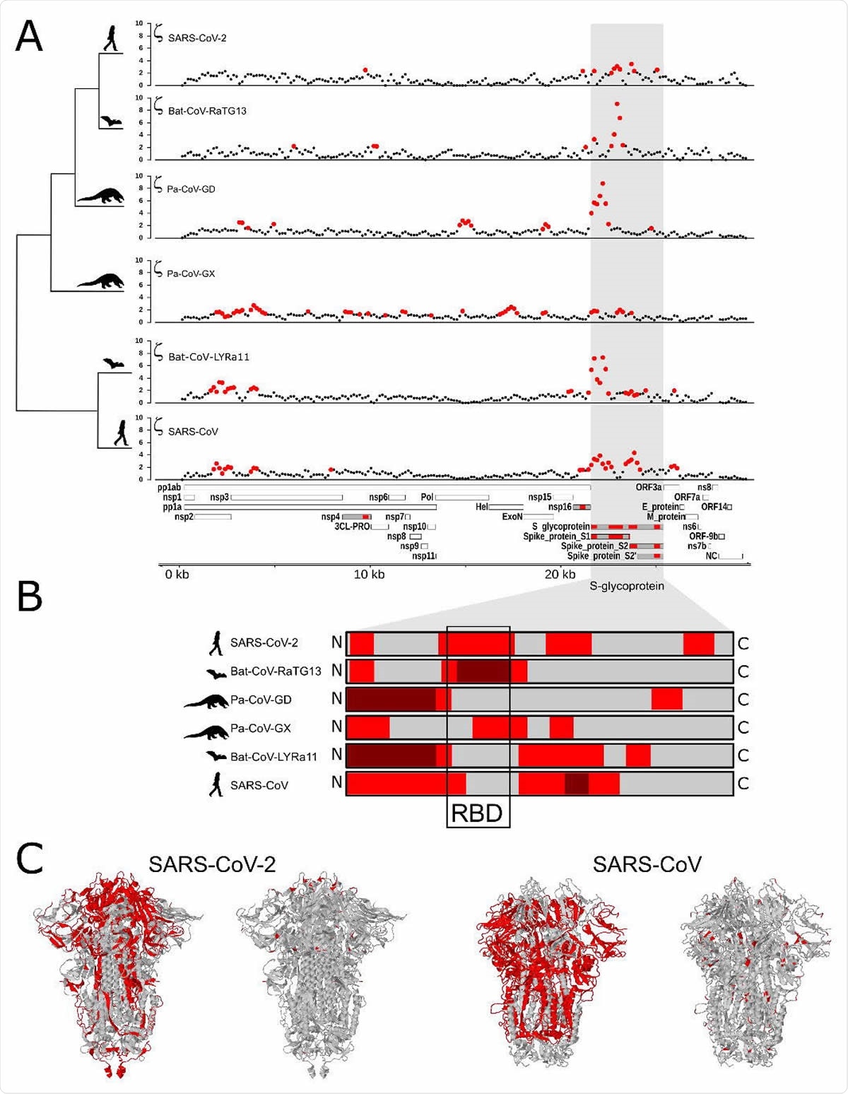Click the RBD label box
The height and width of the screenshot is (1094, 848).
(478, 813)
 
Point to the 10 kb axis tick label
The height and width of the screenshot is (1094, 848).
(369, 575)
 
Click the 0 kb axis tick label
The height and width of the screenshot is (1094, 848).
(177, 575)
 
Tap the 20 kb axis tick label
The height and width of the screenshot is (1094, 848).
(560, 575)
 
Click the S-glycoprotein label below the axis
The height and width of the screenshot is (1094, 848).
(627, 586)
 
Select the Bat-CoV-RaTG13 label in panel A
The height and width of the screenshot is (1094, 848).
(207, 111)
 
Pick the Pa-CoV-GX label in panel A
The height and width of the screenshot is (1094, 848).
(191, 273)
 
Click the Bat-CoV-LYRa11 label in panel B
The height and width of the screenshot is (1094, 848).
(273, 756)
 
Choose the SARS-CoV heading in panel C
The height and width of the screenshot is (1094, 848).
(647, 864)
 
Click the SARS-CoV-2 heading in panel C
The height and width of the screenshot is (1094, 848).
(212, 864)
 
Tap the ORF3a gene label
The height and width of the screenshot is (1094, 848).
(648, 488)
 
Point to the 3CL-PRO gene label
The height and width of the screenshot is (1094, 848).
(352, 527)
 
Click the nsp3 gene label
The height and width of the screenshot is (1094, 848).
(219, 498)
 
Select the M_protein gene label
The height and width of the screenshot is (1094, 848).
(666, 517)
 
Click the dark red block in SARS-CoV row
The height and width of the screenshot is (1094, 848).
(577, 784)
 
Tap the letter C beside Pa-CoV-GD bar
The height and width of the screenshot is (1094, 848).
(743, 700)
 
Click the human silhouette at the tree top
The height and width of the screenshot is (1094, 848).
(112, 38)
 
